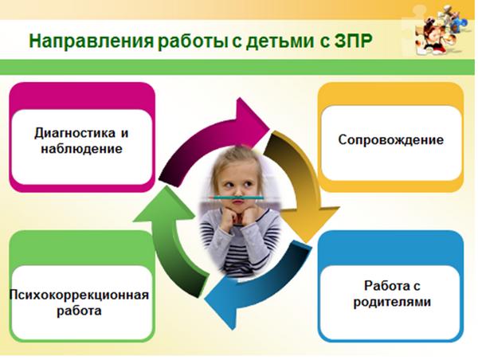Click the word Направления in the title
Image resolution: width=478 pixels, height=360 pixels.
click(92, 41)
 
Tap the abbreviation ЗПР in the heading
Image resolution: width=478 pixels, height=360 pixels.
click(353, 41)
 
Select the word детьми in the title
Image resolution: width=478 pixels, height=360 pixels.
click(280, 41)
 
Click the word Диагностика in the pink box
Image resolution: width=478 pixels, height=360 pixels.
click(75, 133)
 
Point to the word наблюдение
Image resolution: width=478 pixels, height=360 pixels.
click(82, 149)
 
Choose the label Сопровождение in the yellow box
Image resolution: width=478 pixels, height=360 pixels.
click(390, 140)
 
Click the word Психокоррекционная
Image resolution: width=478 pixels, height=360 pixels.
click(79, 295)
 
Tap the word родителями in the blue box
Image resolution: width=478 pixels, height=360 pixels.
click(392, 302)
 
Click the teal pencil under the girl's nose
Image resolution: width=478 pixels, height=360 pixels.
click(237, 198)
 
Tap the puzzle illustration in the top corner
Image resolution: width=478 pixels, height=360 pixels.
click(440, 30)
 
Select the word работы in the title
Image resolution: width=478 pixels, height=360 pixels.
click(192, 41)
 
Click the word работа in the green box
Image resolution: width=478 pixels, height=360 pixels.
click(79, 311)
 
